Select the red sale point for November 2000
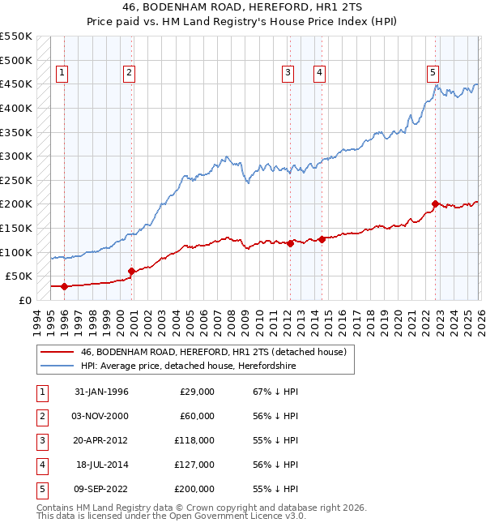point(130,272)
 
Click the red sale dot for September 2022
point(435,204)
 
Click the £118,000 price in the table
point(195,440)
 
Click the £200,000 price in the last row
point(195,489)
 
